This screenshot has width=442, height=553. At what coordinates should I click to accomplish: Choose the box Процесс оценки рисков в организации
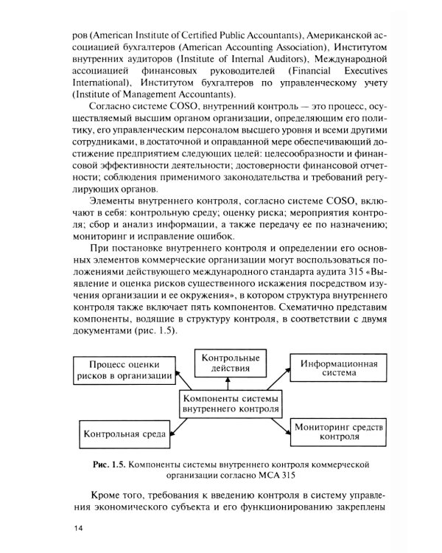coord(124,369)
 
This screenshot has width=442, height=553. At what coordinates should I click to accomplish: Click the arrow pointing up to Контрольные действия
coord(228,381)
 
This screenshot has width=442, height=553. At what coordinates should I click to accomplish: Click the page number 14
coord(79,528)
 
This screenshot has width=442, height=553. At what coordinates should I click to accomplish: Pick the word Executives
coord(355,70)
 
